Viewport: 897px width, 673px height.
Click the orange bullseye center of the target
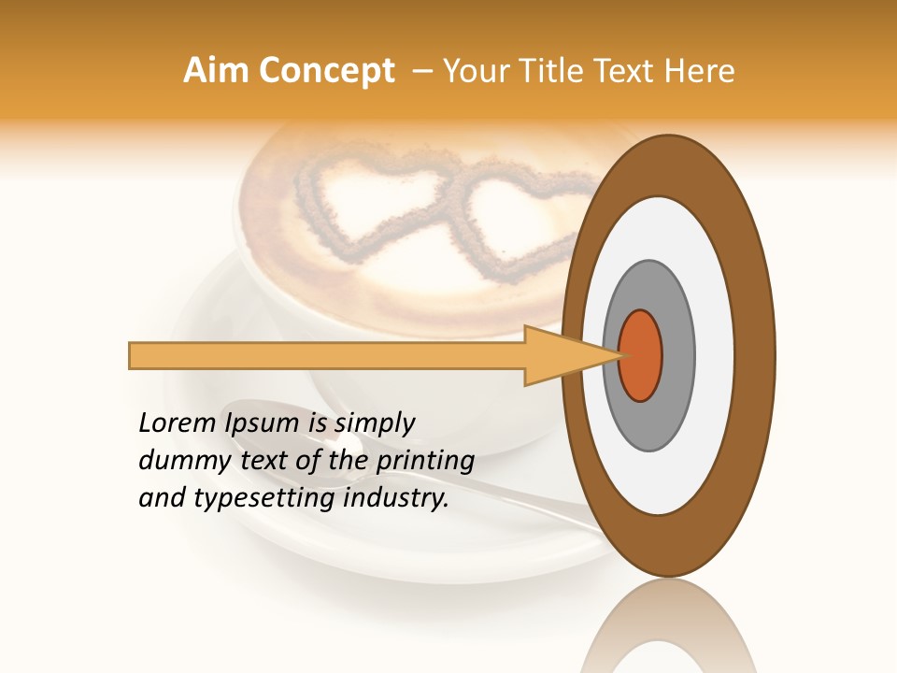(641, 356)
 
